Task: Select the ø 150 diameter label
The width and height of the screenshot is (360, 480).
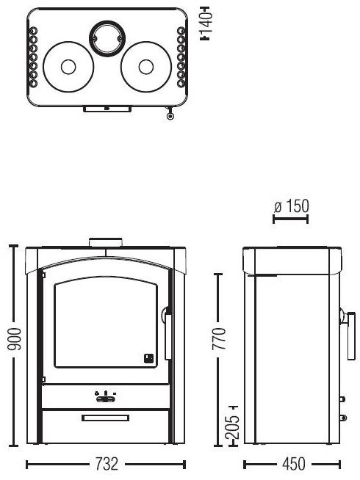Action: point(291,206)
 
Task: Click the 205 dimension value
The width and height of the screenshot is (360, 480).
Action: point(232,425)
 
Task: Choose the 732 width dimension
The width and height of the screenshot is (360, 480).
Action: point(106,465)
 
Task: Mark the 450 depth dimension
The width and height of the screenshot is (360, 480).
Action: point(293,465)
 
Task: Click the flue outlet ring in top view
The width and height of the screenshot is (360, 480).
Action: point(106,37)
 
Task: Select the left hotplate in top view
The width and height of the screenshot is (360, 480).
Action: point(68,66)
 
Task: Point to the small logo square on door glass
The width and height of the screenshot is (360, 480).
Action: point(148,358)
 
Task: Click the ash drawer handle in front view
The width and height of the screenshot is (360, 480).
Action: point(106,418)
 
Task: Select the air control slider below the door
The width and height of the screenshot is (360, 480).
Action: point(106,397)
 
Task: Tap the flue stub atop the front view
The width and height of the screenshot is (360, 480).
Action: point(106,242)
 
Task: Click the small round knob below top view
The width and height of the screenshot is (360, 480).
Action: point(171,115)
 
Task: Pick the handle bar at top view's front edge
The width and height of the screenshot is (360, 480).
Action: point(107,109)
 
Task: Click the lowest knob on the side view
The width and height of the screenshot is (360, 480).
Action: point(342,418)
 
